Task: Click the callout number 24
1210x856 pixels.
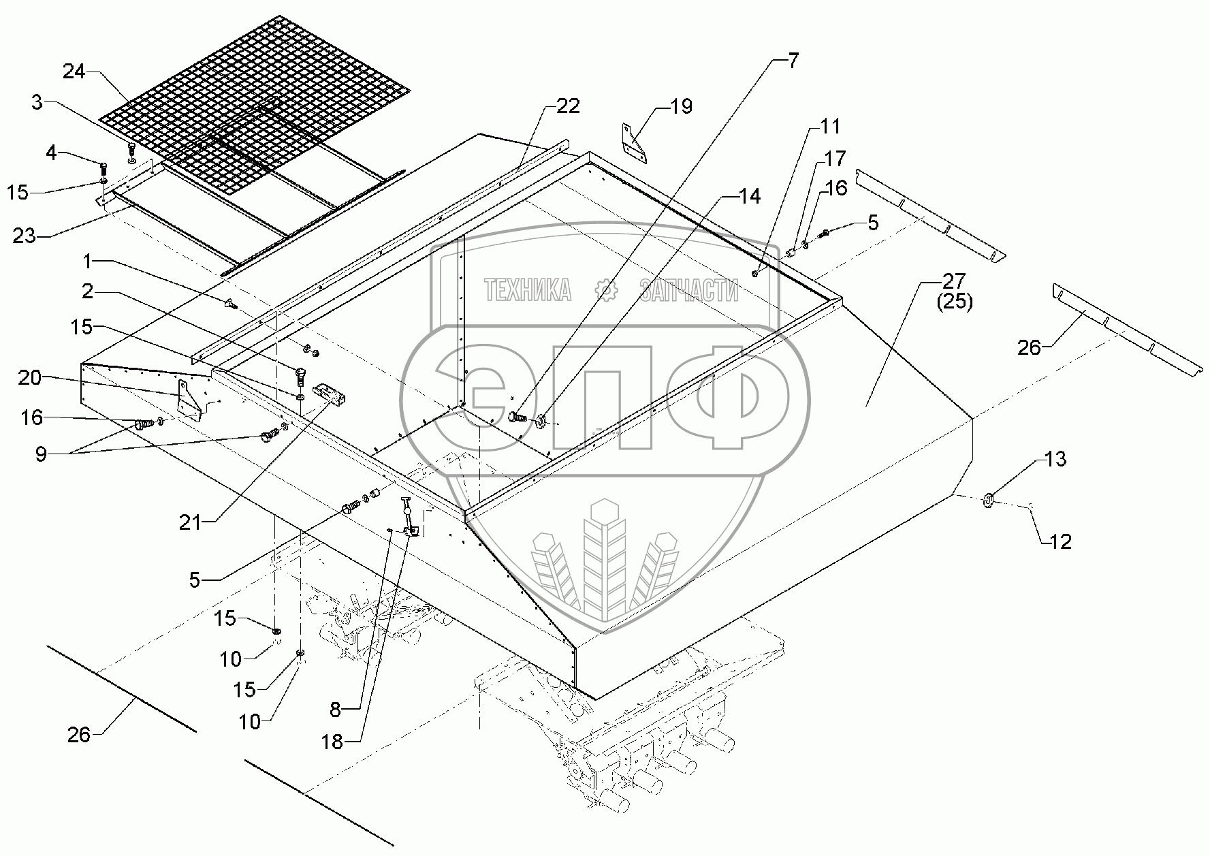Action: [x=74, y=71]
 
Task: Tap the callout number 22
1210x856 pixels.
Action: [x=568, y=106]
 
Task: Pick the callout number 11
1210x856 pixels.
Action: [x=829, y=127]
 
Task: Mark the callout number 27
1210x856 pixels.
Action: [x=954, y=281]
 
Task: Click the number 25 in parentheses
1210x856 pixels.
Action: [x=955, y=302]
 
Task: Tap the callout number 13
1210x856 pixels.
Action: [x=1055, y=460]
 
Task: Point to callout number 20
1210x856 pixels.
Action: [x=30, y=377]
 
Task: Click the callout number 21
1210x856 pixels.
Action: [x=191, y=522]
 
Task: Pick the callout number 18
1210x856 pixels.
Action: [x=332, y=742]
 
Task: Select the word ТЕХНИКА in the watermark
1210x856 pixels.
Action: [x=528, y=291]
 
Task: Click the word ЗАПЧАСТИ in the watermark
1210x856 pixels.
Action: [x=688, y=291]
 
